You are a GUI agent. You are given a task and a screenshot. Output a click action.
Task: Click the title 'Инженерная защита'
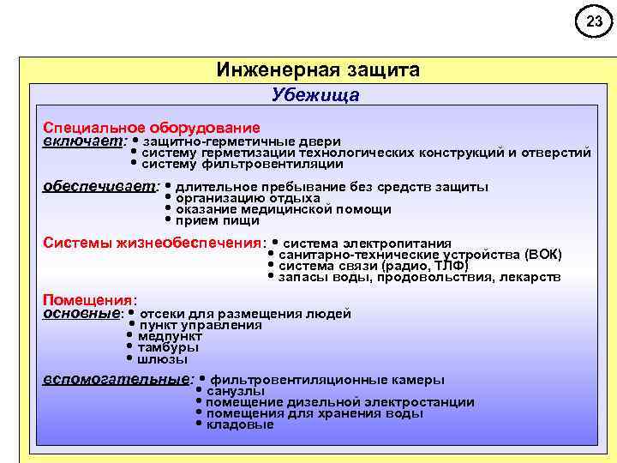pyautogui.click(x=318, y=69)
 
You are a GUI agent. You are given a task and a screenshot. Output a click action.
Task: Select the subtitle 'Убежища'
pyautogui.click(x=315, y=95)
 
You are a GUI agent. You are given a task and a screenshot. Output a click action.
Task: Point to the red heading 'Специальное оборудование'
pyautogui.click(x=152, y=127)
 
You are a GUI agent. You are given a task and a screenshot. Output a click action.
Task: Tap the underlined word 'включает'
pyautogui.click(x=83, y=141)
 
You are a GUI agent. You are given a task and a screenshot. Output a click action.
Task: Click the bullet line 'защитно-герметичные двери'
pyautogui.click(x=243, y=141)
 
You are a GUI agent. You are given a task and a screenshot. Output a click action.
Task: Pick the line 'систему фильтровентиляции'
pyautogui.click(x=243, y=164)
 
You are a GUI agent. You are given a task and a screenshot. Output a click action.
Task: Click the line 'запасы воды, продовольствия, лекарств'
pyautogui.click(x=420, y=277)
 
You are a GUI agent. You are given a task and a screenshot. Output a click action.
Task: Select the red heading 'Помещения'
pyautogui.click(x=88, y=300)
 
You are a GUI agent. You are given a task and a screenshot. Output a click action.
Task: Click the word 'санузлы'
pyautogui.click(x=236, y=391)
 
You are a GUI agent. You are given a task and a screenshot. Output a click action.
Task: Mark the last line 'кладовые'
pyautogui.click(x=240, y=424)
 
